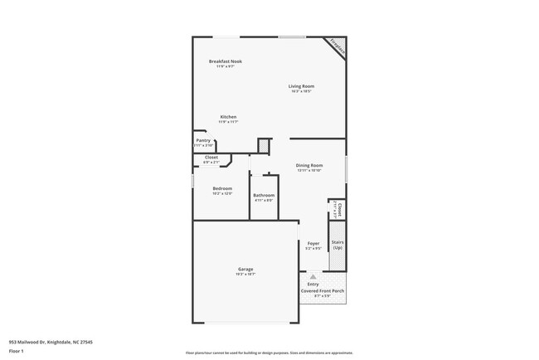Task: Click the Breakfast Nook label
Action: (x=226, y=61)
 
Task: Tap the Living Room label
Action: (x=301, y=86)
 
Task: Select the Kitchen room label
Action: (x=228, y=117)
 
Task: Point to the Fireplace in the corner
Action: (x=336, y=46)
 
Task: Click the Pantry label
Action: (x=203, y=140)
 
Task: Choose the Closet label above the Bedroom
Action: (x=211, y=157)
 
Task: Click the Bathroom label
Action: (x=264, y=195)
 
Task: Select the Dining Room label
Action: (x=309, y=165)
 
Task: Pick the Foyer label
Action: (x=313, y=243)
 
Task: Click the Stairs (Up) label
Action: (x=337, y=246)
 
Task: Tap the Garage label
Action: (x=245, y=269)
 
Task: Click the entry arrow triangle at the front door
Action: (x=313, y=278)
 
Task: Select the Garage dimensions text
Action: (x=245, y=275)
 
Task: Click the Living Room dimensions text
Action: (x=301, y=92)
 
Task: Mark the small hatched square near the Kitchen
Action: (x=264, y=146)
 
